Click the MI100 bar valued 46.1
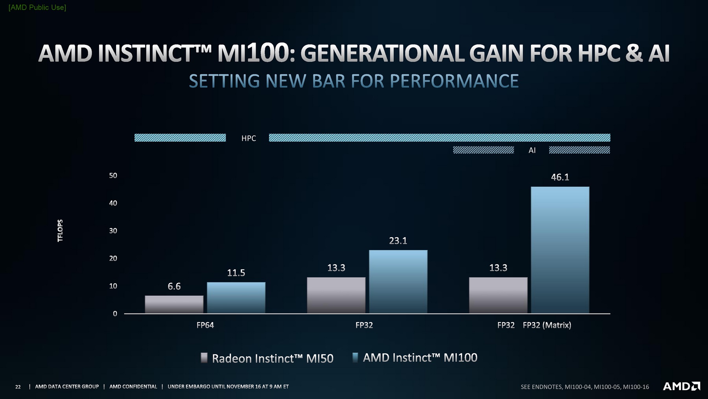560,250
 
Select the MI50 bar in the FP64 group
174,304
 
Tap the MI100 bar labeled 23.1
398,282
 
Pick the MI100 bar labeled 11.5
236,297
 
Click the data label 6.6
174,286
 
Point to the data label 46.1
560,177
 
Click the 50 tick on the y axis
113,176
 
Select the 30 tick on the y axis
113,231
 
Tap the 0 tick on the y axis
115,314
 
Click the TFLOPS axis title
60,230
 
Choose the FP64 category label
205,325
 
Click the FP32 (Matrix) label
547,325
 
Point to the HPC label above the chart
249,138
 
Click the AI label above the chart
532,150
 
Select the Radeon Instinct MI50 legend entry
267,358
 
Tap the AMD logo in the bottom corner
681,386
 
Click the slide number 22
18,387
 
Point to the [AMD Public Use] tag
37,7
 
